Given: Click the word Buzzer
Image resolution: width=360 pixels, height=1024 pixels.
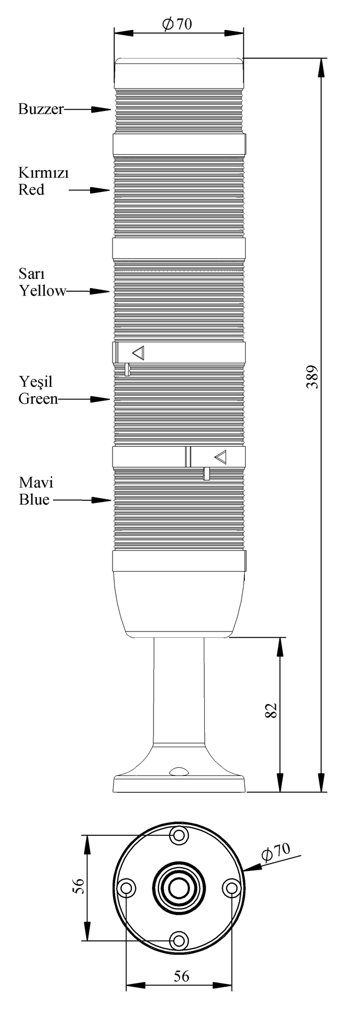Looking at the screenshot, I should pyautogui.click(x=41, y=109).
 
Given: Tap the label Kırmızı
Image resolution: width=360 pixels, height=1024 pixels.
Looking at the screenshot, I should pyautogui.click(x=44, y=174).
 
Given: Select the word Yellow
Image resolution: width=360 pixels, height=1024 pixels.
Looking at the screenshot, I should pyautogui.click(x=43, y=291).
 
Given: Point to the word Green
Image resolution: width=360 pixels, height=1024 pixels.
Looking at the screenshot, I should pyautogui.click(x=38, y=399).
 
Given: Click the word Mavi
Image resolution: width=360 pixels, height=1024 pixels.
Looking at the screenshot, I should pyautogui.click(x=36, y=483).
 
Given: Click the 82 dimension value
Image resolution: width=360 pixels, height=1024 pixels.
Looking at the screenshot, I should pyautogui.click(x=271, y=710).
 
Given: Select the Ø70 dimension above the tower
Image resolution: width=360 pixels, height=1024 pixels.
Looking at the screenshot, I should pyautogui.click(x=178, y=24).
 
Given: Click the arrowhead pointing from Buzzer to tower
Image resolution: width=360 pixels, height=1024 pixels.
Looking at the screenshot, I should pyautogui.click(x=101, y=109).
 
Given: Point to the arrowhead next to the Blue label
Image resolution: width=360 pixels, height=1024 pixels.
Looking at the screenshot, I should pyautogui.click(x=101, y=500).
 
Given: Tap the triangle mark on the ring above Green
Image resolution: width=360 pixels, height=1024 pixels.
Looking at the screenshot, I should pyautogui.click(x=139, y=353).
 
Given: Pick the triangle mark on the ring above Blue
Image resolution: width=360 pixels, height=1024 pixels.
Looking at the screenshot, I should pyautogui.click(x=220, y=457).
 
